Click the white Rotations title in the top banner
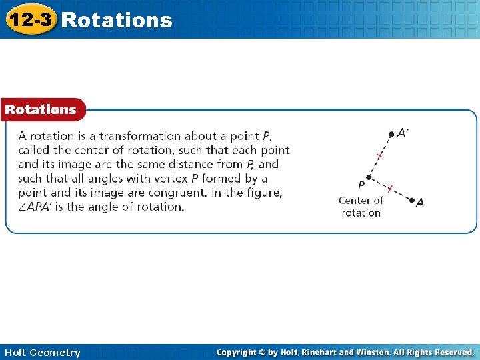click(x=116, y=20)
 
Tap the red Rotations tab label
click(x=41, y=109)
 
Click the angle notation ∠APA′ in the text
click(x=39, y=207)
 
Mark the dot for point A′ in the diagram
click(x=391, y=134)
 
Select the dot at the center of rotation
click(x=368, y=177)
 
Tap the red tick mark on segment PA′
click(x=380, y=155)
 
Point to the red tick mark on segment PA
click(x=390, y=188)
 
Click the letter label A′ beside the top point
click(x=403, y=132)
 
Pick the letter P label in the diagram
click(x=361, y=185)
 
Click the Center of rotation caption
click(x=361, y=207)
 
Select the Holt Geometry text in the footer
click(x=42, y=352)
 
